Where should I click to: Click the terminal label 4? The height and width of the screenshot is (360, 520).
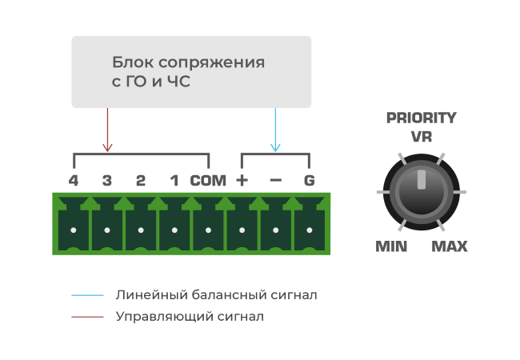pyautogui.click(x=74, y=181)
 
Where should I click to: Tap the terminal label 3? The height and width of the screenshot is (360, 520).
pyautogui.click(x=106, y=181)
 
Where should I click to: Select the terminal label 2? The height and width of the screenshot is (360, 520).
pyautogui.click(x=141, y=181)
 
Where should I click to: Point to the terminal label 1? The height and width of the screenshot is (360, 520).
pyautogui.click(x=174, y=181)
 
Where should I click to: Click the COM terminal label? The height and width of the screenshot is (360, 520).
pyautogui.click(x=208, y=181)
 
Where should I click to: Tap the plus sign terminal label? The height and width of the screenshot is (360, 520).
pyautogui.click(x=242, y=181)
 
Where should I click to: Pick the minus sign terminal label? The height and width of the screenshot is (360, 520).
pyautogui.click(x=275, y=181)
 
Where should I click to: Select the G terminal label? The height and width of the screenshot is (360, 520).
pyautogui.click(x=309, y=181)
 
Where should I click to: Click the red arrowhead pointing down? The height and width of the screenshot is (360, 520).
pyautogui.click(x=107, y=148)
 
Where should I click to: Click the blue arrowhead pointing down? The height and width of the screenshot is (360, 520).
pyautogui.click(x=275, y=148)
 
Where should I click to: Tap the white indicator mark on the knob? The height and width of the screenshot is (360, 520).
pyautogui.click(x=421, y=179)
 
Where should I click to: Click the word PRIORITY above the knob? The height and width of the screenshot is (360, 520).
pyautogui.click(x=421, y=118)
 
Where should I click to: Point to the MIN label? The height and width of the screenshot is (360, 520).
pyautogui.click(x=391, y=246)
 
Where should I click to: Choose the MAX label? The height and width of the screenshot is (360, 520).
pyautogui.click(x=450, y=246)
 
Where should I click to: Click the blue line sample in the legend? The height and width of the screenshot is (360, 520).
pyautogui.click(x=87, y=295)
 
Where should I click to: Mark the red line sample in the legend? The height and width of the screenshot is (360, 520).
pyautogui.click(x=87, y=317)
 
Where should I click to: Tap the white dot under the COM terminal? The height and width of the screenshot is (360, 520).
pyautogui.click(x=208, y=230)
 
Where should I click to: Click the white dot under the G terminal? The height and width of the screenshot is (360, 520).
pyautogui.click(x=310, y=230)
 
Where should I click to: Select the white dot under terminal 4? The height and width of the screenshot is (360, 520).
pyautogui.click(x=74, y=230)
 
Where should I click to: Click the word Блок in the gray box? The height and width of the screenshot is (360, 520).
pyautogui.click(x=133, y=62)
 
